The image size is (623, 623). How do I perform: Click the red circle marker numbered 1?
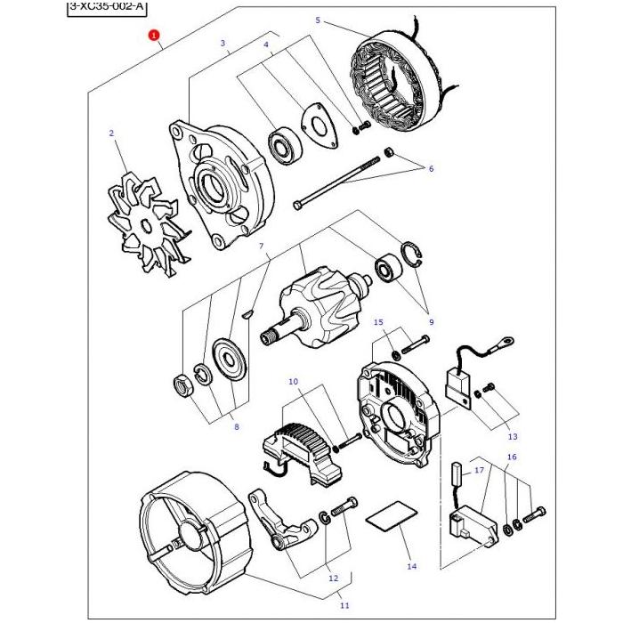point(154,36)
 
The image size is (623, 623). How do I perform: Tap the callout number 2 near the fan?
point(111,133)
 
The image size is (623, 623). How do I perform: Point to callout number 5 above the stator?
point(316,20)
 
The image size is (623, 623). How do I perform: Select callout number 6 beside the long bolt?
point(431,168)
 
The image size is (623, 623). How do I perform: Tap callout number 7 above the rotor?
point(261,246)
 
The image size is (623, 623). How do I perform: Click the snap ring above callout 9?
point(415,254)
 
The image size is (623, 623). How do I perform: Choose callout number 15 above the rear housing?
point(378,321)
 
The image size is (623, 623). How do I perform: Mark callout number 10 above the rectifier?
point(293,382)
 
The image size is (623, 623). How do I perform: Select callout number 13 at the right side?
point(512,437)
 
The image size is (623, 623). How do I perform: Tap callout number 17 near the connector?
point(479,469)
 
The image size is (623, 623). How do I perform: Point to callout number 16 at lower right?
point(511,457)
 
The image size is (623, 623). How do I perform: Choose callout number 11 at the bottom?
point(344,605)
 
